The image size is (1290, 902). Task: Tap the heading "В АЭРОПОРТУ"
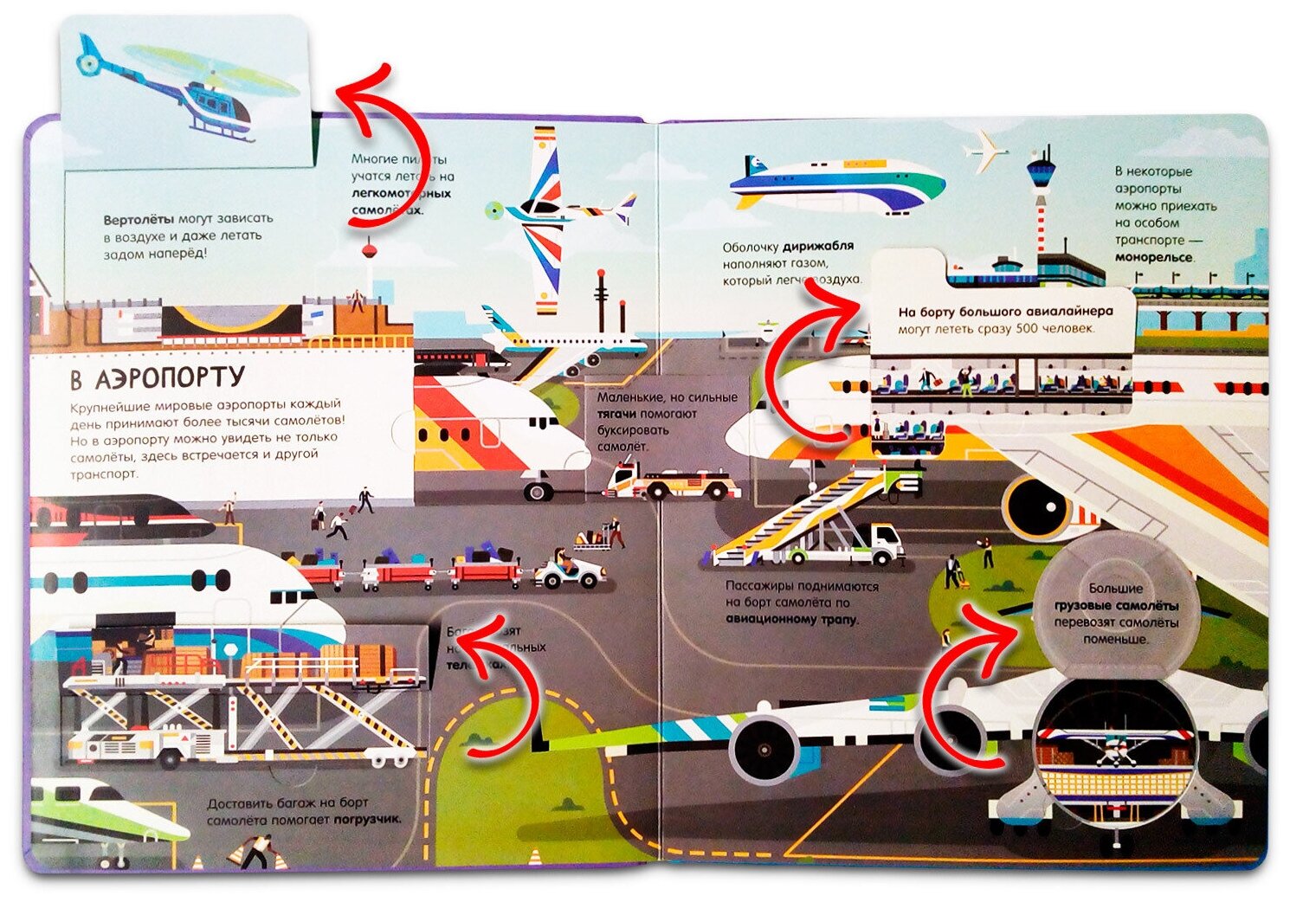coord(157,379)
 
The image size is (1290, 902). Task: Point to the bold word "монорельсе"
coord(1154,257)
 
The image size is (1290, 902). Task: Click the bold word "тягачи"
coord(616,415)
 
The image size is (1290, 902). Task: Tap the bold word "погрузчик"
coord(367,819)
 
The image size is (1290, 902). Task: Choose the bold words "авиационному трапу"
coord(791,620)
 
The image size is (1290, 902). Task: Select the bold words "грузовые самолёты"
coord(1116,605)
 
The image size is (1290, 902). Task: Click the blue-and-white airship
coord(835,184)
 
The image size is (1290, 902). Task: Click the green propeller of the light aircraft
coord(493,209)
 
